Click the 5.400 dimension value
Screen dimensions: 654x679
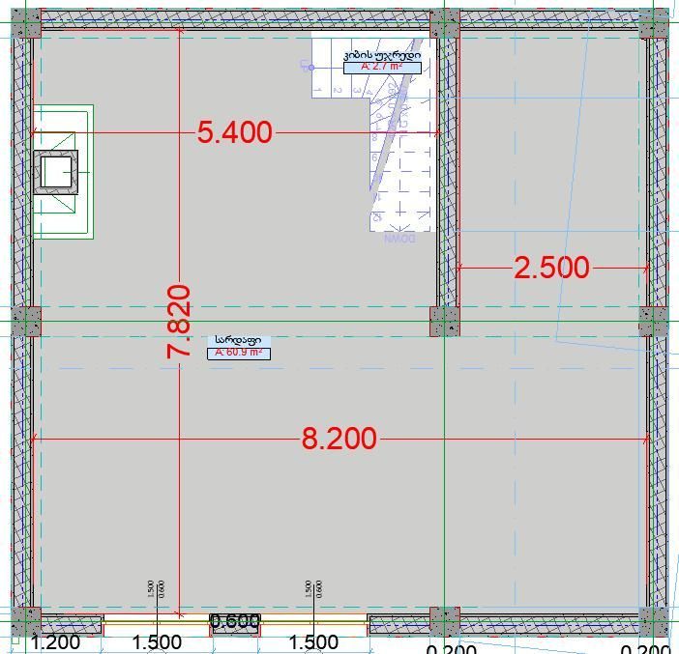click(x=235, y=132)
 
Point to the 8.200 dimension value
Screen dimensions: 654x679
click(x=339, y=439)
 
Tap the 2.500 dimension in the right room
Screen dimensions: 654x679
click(x=551, y=268)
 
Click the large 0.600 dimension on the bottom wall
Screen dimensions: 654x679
click(x=235, y=622)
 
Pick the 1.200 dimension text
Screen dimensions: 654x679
click(x=55, y=642)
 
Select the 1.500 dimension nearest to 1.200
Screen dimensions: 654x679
click(x=157, y=642)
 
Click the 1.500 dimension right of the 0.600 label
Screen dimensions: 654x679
click(x=313, y=642)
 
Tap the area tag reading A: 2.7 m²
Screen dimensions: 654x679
click(x=382, y=68)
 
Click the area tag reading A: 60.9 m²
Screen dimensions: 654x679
click(x=238, y=353)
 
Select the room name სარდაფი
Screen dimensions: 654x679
click(x=237, y=340)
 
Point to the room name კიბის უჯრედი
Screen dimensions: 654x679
click(x=382, y=55)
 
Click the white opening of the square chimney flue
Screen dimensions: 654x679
click(x=56, y=173)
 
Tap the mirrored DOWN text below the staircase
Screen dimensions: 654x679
click(x=399, y=238)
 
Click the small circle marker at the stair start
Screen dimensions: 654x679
click(x=311, y=67)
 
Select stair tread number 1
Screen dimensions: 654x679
click(x=318, y=89)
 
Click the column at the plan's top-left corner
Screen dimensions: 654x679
click(x=27, y=23)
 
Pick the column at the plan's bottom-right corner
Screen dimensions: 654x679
click(x=654, y=620)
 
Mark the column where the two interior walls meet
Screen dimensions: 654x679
click(x=444, y=322)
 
